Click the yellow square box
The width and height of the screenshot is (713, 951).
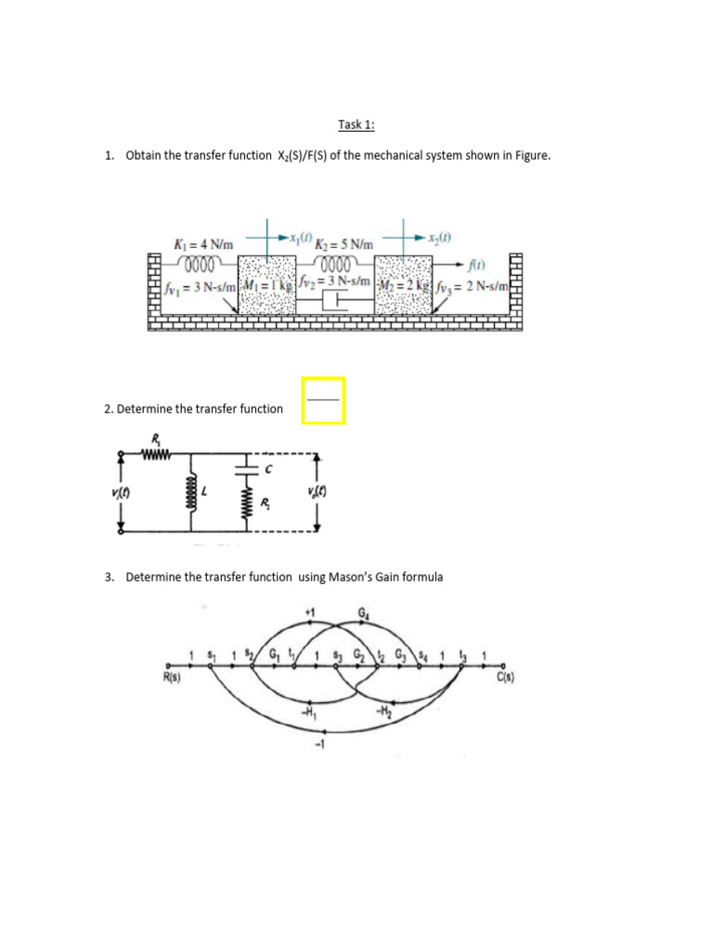pos(323,400)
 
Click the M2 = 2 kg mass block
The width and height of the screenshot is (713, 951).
pos(401,284)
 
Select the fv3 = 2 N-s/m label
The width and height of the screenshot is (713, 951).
pos(469,285)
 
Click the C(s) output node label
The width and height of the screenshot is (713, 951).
pos(505,677)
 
